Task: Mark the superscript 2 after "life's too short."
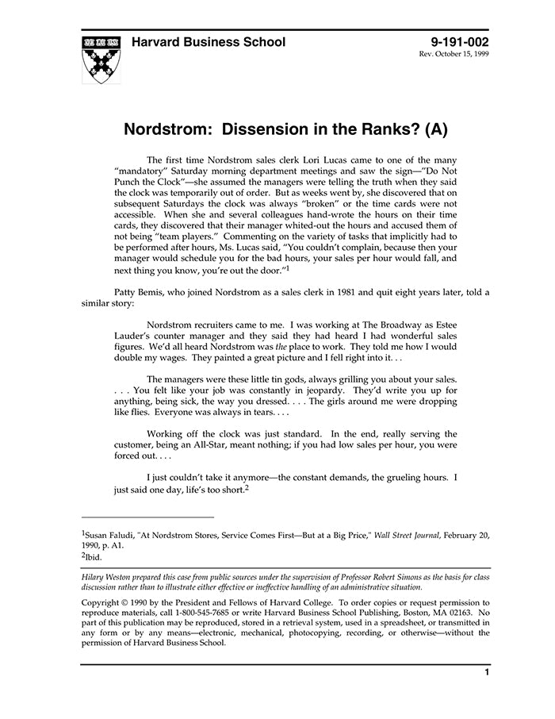pos(247,488)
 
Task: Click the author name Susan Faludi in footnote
pos(112,536)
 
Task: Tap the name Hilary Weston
pos(113,576)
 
